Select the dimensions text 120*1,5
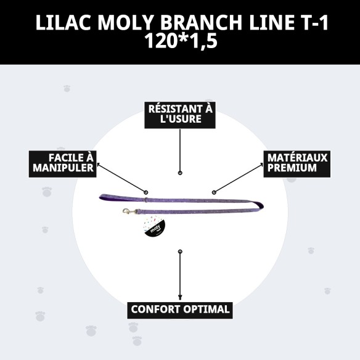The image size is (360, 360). coord(180,43)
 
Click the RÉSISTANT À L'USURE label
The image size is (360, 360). coord(180,113)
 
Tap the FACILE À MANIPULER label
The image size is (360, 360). coord(63,162)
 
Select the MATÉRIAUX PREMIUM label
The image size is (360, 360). coord(297,162)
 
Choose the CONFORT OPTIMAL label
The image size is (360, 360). coord(180,309)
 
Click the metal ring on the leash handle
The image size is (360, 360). coord(145,199)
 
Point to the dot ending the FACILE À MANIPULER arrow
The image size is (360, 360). coord(146,192)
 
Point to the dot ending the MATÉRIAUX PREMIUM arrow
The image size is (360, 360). coord(214,192)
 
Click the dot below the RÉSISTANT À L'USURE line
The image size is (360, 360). coord(180,173)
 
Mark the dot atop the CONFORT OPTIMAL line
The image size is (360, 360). coord(180,252)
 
